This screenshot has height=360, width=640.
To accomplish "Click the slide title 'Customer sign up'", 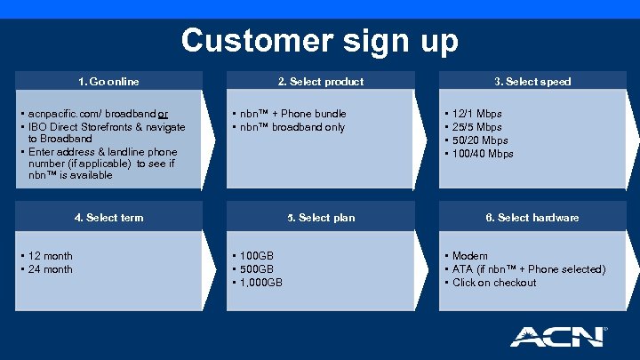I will click(320, 41).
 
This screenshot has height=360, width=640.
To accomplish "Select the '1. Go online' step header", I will click(108, 82).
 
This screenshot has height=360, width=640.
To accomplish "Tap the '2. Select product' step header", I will click(321, 82).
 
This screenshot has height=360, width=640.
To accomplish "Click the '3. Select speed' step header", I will click(532, 82).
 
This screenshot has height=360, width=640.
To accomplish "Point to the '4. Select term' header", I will click(108, 217).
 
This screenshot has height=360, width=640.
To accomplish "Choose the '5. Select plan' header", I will click(321, 217).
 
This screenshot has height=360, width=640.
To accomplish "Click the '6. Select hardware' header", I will click(532, 217).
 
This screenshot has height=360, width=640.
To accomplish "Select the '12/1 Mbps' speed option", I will click(477, 114).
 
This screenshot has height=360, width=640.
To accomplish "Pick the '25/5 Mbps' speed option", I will click(477, 127).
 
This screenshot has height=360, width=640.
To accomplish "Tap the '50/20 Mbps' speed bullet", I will click(480, 140).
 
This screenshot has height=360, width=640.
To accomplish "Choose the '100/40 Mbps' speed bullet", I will click(483, 154).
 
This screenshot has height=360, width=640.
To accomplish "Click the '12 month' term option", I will click(51, 256).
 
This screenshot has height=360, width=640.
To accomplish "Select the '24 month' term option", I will click(51, 269).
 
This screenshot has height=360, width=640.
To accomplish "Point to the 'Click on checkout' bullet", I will click(494, 283).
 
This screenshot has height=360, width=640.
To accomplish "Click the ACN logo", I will click(556, 336).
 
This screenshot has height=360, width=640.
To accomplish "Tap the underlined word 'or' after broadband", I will click(164, 114).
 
